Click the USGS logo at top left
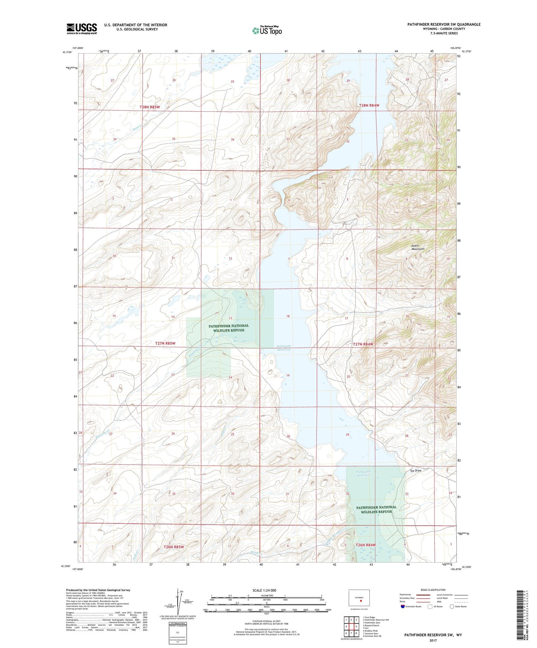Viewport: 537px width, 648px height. (x=82, y=29)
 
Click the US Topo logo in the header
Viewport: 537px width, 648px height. (x=266, y=31)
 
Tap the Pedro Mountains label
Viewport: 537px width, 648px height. (x=418, y=247)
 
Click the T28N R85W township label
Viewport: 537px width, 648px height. (x=150, y=107)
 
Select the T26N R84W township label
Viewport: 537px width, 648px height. (x=366, y=545)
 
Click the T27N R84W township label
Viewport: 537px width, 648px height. (x=363, y=344)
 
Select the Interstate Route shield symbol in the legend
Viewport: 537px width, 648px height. (x=403, y=606)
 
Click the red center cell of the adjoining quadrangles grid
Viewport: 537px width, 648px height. (x=351, y=626)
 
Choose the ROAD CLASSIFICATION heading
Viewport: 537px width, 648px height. (x=433, y=590)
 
